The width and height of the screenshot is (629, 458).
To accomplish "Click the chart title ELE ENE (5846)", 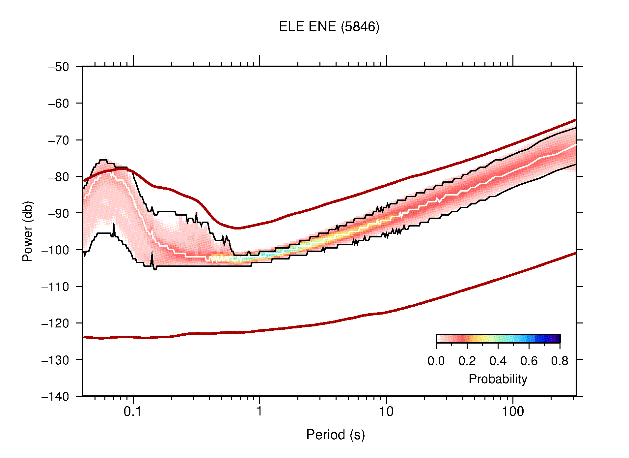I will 329,27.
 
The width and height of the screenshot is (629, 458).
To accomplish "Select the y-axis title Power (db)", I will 28,231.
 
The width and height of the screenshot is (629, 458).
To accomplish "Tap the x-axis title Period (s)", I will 335,435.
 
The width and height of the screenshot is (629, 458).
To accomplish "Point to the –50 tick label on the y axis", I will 59,67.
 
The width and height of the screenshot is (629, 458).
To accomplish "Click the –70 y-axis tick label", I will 59,140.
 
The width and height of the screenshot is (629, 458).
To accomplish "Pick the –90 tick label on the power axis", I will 59,213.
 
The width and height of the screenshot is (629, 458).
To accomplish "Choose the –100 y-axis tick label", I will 55,250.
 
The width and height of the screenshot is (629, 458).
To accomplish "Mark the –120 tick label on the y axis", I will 55,323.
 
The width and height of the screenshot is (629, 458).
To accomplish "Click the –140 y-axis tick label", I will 55,396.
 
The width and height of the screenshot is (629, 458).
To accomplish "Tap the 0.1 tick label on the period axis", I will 133,412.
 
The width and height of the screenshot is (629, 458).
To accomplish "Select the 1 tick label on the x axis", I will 260,412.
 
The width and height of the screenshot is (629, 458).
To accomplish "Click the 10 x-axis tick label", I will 386,412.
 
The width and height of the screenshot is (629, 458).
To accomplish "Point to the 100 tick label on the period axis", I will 512,412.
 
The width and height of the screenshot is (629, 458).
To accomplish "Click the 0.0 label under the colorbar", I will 436,361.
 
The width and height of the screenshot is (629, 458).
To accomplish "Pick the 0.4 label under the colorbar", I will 498,361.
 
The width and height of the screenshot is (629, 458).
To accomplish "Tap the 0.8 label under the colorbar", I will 560,361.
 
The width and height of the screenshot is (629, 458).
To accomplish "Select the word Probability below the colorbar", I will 498,379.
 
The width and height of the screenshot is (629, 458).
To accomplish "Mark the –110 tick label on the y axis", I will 55,287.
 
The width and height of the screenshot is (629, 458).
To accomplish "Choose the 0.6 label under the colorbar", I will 529,361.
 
